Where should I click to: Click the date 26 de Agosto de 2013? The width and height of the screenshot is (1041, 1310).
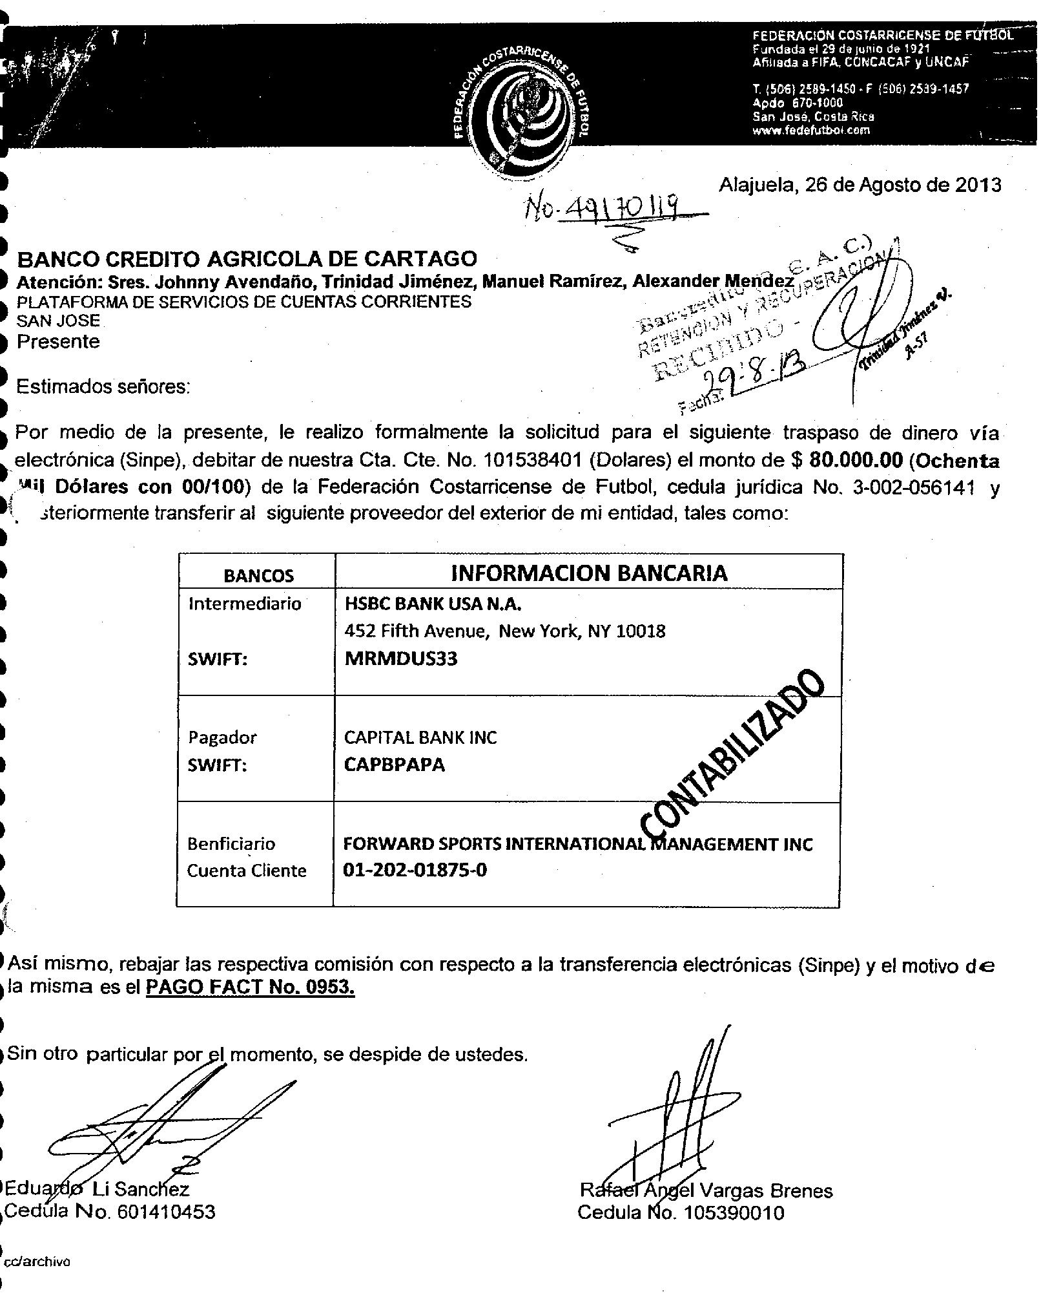click(860, 185)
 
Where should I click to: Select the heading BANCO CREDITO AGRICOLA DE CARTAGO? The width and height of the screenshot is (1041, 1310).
click(247, 259)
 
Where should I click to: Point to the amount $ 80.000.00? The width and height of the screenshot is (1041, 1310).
click(846, 460)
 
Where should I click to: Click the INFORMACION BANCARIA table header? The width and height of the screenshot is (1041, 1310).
click(588, 573)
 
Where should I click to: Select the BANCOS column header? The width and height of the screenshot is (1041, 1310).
click(258, 575)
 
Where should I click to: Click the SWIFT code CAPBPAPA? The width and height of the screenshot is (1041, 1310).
click(394, 765)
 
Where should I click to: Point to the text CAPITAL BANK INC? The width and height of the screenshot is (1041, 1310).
click(420, 737)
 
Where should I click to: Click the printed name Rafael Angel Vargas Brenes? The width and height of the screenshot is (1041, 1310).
click(706, 1190)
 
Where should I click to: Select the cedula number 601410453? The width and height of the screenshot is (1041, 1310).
click(165, 1212)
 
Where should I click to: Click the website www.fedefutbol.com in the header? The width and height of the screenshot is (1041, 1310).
click(811, 130)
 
